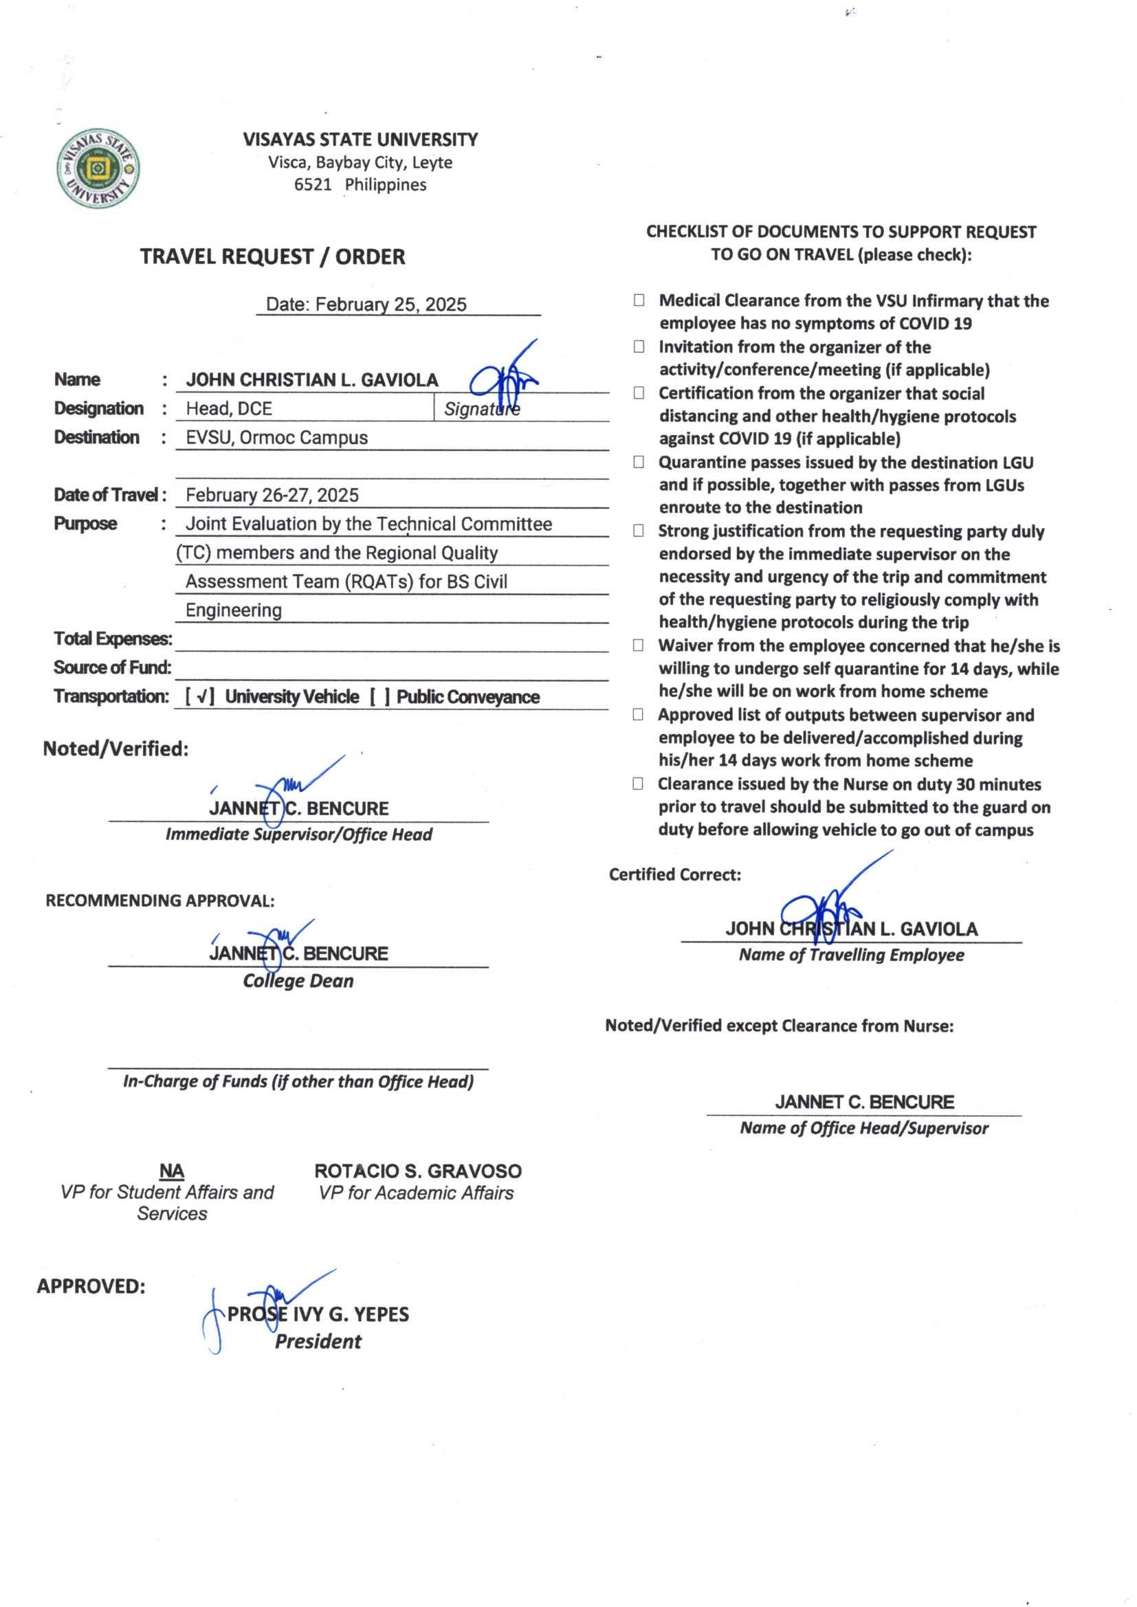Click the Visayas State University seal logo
coord(98,169)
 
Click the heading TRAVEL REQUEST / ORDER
coord(272,257)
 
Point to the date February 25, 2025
coord(390,304)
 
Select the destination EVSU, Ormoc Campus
coord(276,437)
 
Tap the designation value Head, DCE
coord(229,409)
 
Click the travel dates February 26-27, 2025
coord(272,496)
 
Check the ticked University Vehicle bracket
coord(200,697)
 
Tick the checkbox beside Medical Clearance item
coord(639,301)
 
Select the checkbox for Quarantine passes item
coord(639,462)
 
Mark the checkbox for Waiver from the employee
coord(639,645)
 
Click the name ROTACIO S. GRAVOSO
coord(417,1171)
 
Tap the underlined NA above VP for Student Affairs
coord(172,1171)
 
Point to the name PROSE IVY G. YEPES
coord(318,1314)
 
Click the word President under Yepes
coord(318,1342)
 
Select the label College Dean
coord(298,982)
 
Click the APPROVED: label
coord(91,1287)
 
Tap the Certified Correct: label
coord(674,875)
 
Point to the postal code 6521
coord(312,185)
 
